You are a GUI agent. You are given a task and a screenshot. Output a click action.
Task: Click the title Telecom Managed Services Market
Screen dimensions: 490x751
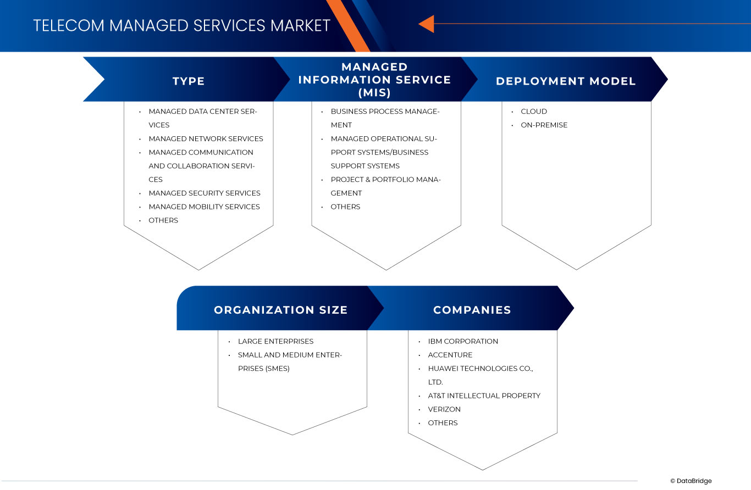click(181, 25)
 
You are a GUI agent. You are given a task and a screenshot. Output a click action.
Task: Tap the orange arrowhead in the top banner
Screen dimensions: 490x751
click(427, 24)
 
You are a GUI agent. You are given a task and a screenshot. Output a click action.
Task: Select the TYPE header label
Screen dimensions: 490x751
click(189, 81)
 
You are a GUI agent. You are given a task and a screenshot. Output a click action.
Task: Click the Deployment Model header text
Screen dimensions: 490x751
click(566, 81)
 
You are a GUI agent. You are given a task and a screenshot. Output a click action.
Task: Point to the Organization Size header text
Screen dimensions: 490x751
click(280, 310)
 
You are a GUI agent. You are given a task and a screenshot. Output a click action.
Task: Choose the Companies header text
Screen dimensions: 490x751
click(472, 310)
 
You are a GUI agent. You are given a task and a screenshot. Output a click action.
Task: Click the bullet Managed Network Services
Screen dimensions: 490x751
click(206, 139)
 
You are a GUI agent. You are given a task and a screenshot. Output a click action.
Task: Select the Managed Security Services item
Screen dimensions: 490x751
click(205, 193)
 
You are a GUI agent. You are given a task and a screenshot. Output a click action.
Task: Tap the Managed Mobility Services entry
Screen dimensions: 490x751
click(204, 207)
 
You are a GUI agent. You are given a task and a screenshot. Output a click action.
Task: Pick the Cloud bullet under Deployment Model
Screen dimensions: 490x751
click(534, 112)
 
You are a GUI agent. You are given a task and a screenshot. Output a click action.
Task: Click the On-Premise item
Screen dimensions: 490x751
click(544, 125)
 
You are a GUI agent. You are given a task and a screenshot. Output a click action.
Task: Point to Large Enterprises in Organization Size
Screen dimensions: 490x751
click(275, 342)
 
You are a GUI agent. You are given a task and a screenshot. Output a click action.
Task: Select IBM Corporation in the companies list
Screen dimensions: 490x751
click(463, 342)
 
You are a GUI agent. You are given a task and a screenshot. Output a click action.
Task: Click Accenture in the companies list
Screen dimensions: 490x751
click(450, 355)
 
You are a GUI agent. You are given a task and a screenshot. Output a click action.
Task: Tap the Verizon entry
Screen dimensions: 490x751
click(444, 410)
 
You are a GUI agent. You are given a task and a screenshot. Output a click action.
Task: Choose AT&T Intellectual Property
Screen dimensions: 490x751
click(484, 396)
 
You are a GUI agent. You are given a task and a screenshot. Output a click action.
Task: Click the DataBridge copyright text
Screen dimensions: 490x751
click(691, 481)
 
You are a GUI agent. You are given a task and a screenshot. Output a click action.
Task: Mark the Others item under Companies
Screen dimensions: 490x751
click(443, 423)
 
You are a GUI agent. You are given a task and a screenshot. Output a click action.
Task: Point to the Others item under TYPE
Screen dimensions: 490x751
click(163, 221)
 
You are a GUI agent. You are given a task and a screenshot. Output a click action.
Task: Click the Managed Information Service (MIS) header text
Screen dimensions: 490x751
click(374, 80)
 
